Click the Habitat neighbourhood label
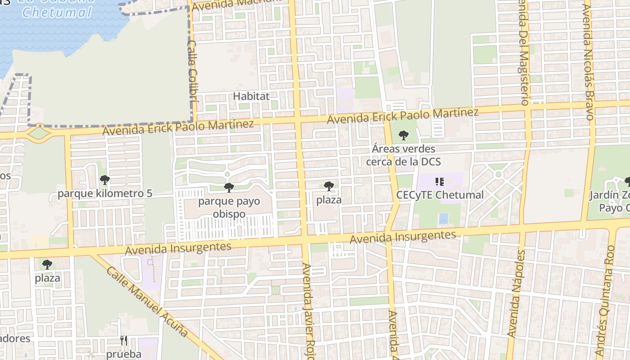(x=251, y=96)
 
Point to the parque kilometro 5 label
(x=105, y=194)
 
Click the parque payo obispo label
(x=229, y=207)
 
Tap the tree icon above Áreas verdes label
(x=404, y=135)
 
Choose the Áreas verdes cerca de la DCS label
(x=403, y=155)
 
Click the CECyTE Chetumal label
(x=440, y=195)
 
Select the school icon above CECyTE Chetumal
(x=440, y=182)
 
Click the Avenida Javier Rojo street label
(x=308, y=310)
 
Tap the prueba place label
(x=124, y=354)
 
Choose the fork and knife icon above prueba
(x=124, y=341)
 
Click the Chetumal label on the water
(x=57, y=12)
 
